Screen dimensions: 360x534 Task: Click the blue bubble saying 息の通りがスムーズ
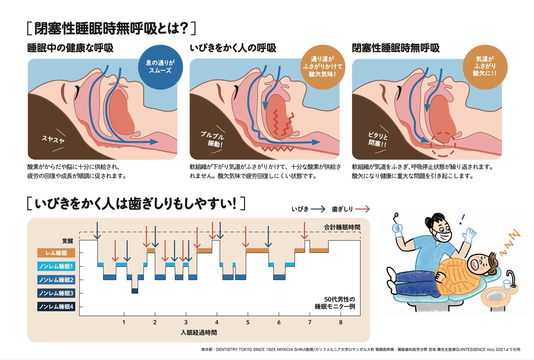click(x=160, y=67)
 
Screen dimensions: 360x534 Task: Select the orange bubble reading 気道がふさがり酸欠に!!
click(x=485, y=67)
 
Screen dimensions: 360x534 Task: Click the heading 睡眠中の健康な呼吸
click(x=70, y=48)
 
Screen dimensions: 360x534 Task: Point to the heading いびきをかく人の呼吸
click(x=233, y=48)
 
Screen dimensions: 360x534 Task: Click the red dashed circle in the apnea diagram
click(x=443, y=143)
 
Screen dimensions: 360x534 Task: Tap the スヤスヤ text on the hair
click(x=53, y=139)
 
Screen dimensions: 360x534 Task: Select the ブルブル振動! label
click(x=212, y=139)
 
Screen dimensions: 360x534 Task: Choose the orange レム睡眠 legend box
click(x=56, y=253)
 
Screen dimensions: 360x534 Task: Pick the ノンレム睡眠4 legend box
click(x=56, y=307)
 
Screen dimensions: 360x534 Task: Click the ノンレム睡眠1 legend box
click(x=56, y=266)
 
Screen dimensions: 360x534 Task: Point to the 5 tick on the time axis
click(x=248, y=322)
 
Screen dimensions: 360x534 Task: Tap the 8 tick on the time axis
click(x=341, y=322)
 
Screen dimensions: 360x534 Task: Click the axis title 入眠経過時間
click(x=199, y=333)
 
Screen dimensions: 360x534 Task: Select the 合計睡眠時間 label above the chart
click(x=342, y=227)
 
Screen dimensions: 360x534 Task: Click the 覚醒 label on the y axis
click(x=67, y=241)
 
